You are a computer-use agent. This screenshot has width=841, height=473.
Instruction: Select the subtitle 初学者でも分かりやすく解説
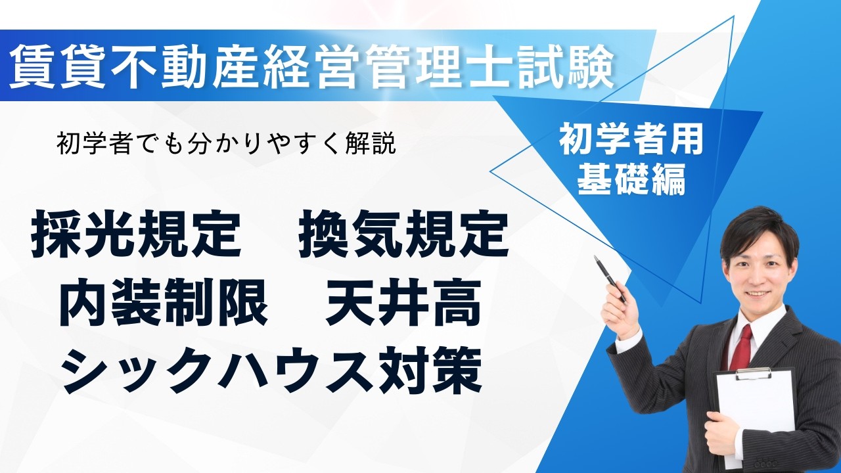tap(227, 144)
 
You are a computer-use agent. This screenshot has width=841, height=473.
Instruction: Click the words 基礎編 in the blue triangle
tap(631, 177)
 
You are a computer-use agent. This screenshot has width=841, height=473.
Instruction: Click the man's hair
tap(759, 227)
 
